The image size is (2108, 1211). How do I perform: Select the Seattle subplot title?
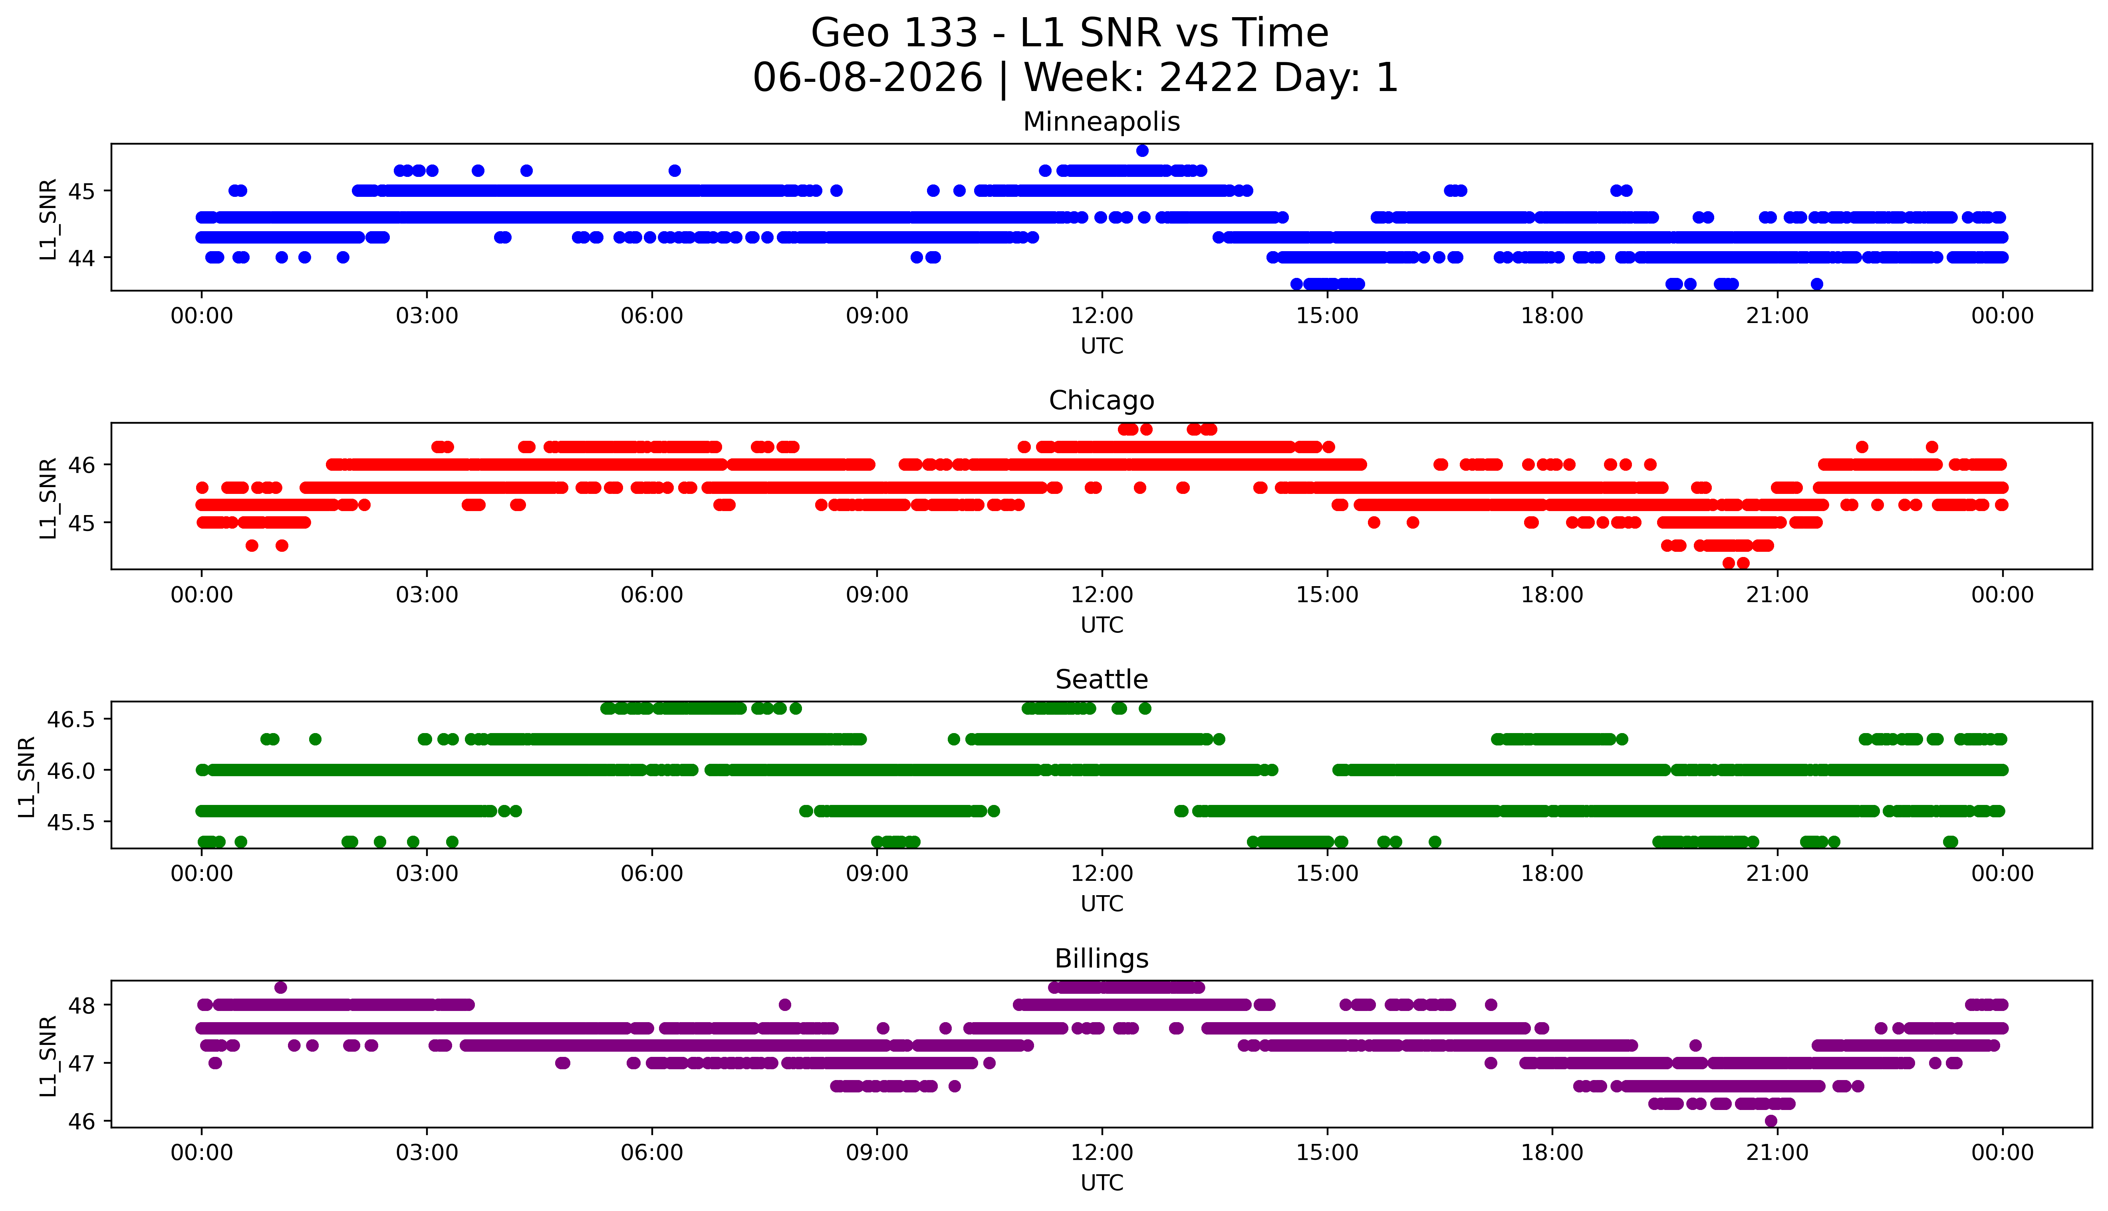(x=1102, y=680)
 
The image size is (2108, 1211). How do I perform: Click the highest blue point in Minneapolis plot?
(x=1142, y=151)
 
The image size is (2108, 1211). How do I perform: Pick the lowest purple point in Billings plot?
(x=1770, y=1121)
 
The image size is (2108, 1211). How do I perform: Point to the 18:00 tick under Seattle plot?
(x=1552, y=873)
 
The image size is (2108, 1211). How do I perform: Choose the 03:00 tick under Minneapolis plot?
(x=427, y=316)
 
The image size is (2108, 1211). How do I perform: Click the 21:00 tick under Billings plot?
(x=1777, y=1153)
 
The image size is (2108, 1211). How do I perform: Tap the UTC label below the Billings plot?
(x=1102, y=1182)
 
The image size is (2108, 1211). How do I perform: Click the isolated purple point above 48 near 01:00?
(x=280, y=987)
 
